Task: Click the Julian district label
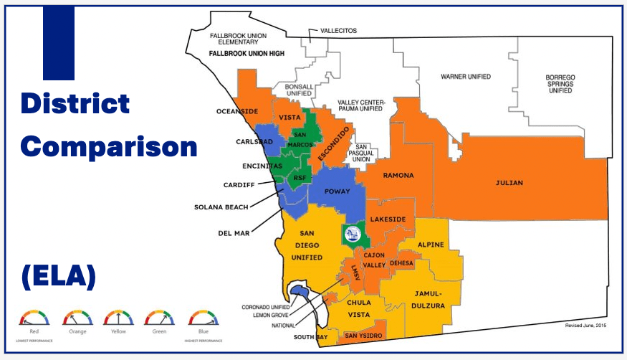[509, 183]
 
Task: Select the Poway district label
[337, 192]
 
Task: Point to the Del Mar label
[232, 232]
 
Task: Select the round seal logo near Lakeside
[352, 233]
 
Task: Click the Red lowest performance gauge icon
[34, 318]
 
